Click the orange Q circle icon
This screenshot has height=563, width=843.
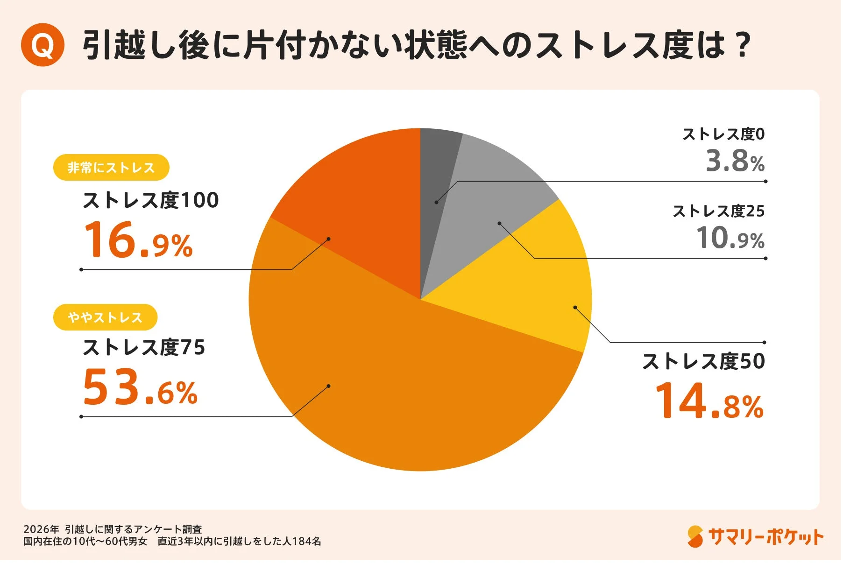point(43,45)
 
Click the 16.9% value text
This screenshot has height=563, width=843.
point(138,240)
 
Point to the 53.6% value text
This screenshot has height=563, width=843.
point(140,387)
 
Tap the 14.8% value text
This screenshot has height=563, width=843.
point(709,401)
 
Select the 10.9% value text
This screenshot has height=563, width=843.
point(730,238)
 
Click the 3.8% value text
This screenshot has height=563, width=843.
point(735,161)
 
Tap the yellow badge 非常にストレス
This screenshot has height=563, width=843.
point(111,168)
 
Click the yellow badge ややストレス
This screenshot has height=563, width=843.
point(105,317)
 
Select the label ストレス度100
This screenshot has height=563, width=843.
point(150,200)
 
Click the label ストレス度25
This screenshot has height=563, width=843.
point(718,211)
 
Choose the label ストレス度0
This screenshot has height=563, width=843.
point(723,134)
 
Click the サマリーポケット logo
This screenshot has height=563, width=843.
point(755,537)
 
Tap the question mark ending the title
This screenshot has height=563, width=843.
point(741,45)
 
